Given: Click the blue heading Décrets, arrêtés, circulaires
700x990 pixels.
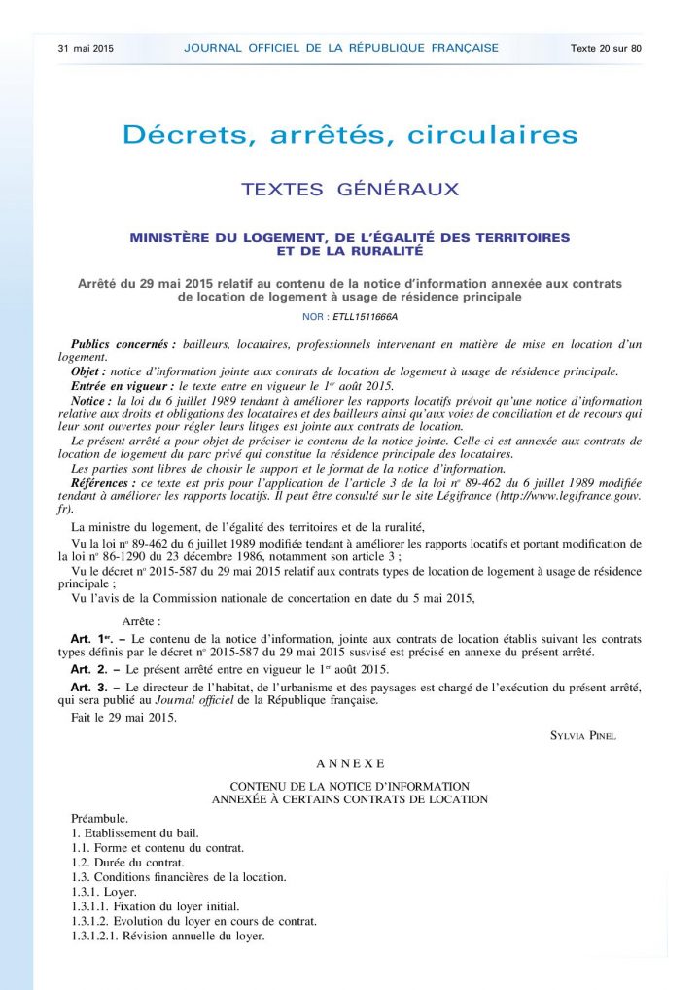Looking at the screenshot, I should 350,134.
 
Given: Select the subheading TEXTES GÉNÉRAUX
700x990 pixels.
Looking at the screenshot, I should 350,190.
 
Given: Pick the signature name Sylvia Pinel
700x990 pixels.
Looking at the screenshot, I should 583,735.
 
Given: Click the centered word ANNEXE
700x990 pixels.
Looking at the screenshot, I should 350,763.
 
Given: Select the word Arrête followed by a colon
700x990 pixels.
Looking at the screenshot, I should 142,619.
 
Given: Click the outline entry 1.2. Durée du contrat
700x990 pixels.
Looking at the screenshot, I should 127,863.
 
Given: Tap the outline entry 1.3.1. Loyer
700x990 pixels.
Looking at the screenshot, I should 104,892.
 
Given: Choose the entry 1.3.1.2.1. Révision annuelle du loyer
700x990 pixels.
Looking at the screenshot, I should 168,936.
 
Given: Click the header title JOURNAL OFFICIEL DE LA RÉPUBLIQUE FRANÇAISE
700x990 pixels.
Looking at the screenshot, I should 341,48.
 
